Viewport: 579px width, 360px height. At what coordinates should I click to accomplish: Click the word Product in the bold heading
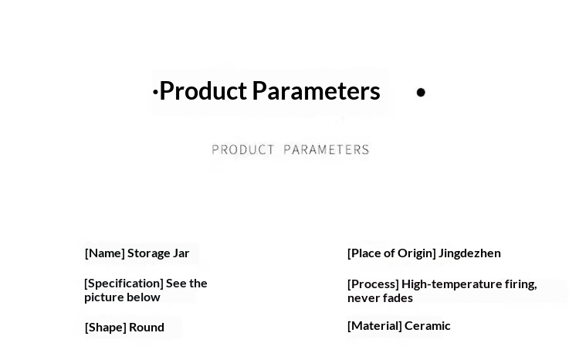tap(203, 91)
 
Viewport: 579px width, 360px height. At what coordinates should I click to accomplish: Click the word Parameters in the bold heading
tap(316, 91)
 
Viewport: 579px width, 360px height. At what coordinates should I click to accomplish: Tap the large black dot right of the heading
tap(421, 92)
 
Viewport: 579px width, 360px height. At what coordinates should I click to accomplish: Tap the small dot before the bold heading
tap(155, 92)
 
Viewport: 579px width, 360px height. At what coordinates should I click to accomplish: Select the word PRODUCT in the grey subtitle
tap(242, 150)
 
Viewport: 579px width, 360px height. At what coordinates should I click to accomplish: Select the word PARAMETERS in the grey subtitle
tap(327, 150)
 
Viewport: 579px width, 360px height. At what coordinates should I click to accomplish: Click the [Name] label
tap(104, 253)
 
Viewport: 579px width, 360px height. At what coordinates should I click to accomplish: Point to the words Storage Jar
tap(158, 253)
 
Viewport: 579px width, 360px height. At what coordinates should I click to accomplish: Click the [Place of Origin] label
tap(391, 253)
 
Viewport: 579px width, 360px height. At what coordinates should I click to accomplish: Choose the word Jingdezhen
tap(469, 253)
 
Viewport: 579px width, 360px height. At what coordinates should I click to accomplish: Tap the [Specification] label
tap(124, 284)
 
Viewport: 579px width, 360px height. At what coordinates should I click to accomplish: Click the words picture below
tap(122, 297)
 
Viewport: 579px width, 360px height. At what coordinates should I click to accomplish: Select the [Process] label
tap(373, 284)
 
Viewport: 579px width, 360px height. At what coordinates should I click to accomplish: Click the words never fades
tap(380, 298)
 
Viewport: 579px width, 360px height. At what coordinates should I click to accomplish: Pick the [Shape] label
tap(106, 328)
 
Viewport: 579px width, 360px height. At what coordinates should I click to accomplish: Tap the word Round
tap(147, 328)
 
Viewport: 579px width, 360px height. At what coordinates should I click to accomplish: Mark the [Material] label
tap(374, 326)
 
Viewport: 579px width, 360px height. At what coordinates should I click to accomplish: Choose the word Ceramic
tap(428, 326)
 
